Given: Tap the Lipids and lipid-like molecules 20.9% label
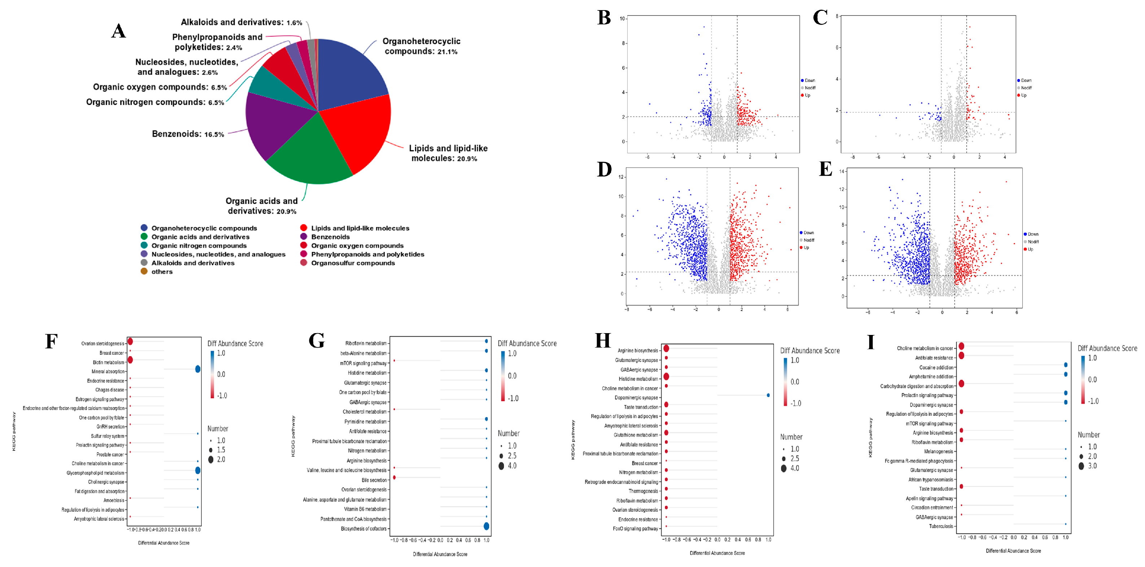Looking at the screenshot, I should [448, 153].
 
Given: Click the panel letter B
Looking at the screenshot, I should [604, 18].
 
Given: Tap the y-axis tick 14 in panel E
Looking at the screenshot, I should [841, 171].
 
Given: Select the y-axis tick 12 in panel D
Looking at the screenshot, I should [621, 177].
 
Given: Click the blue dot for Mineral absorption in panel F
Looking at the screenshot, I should [198, 369].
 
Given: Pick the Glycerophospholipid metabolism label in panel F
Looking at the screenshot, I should [96, 473].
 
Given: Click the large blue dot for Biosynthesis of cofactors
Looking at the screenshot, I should [486, 526].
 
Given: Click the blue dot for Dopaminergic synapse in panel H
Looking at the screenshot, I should [768, 395].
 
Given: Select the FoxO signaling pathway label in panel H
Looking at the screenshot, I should [636, 529].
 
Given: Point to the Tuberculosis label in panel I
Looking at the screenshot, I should [941, 526].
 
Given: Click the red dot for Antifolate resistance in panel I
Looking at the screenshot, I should [961, 356].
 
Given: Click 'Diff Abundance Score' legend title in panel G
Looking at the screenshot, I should [527, 344].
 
